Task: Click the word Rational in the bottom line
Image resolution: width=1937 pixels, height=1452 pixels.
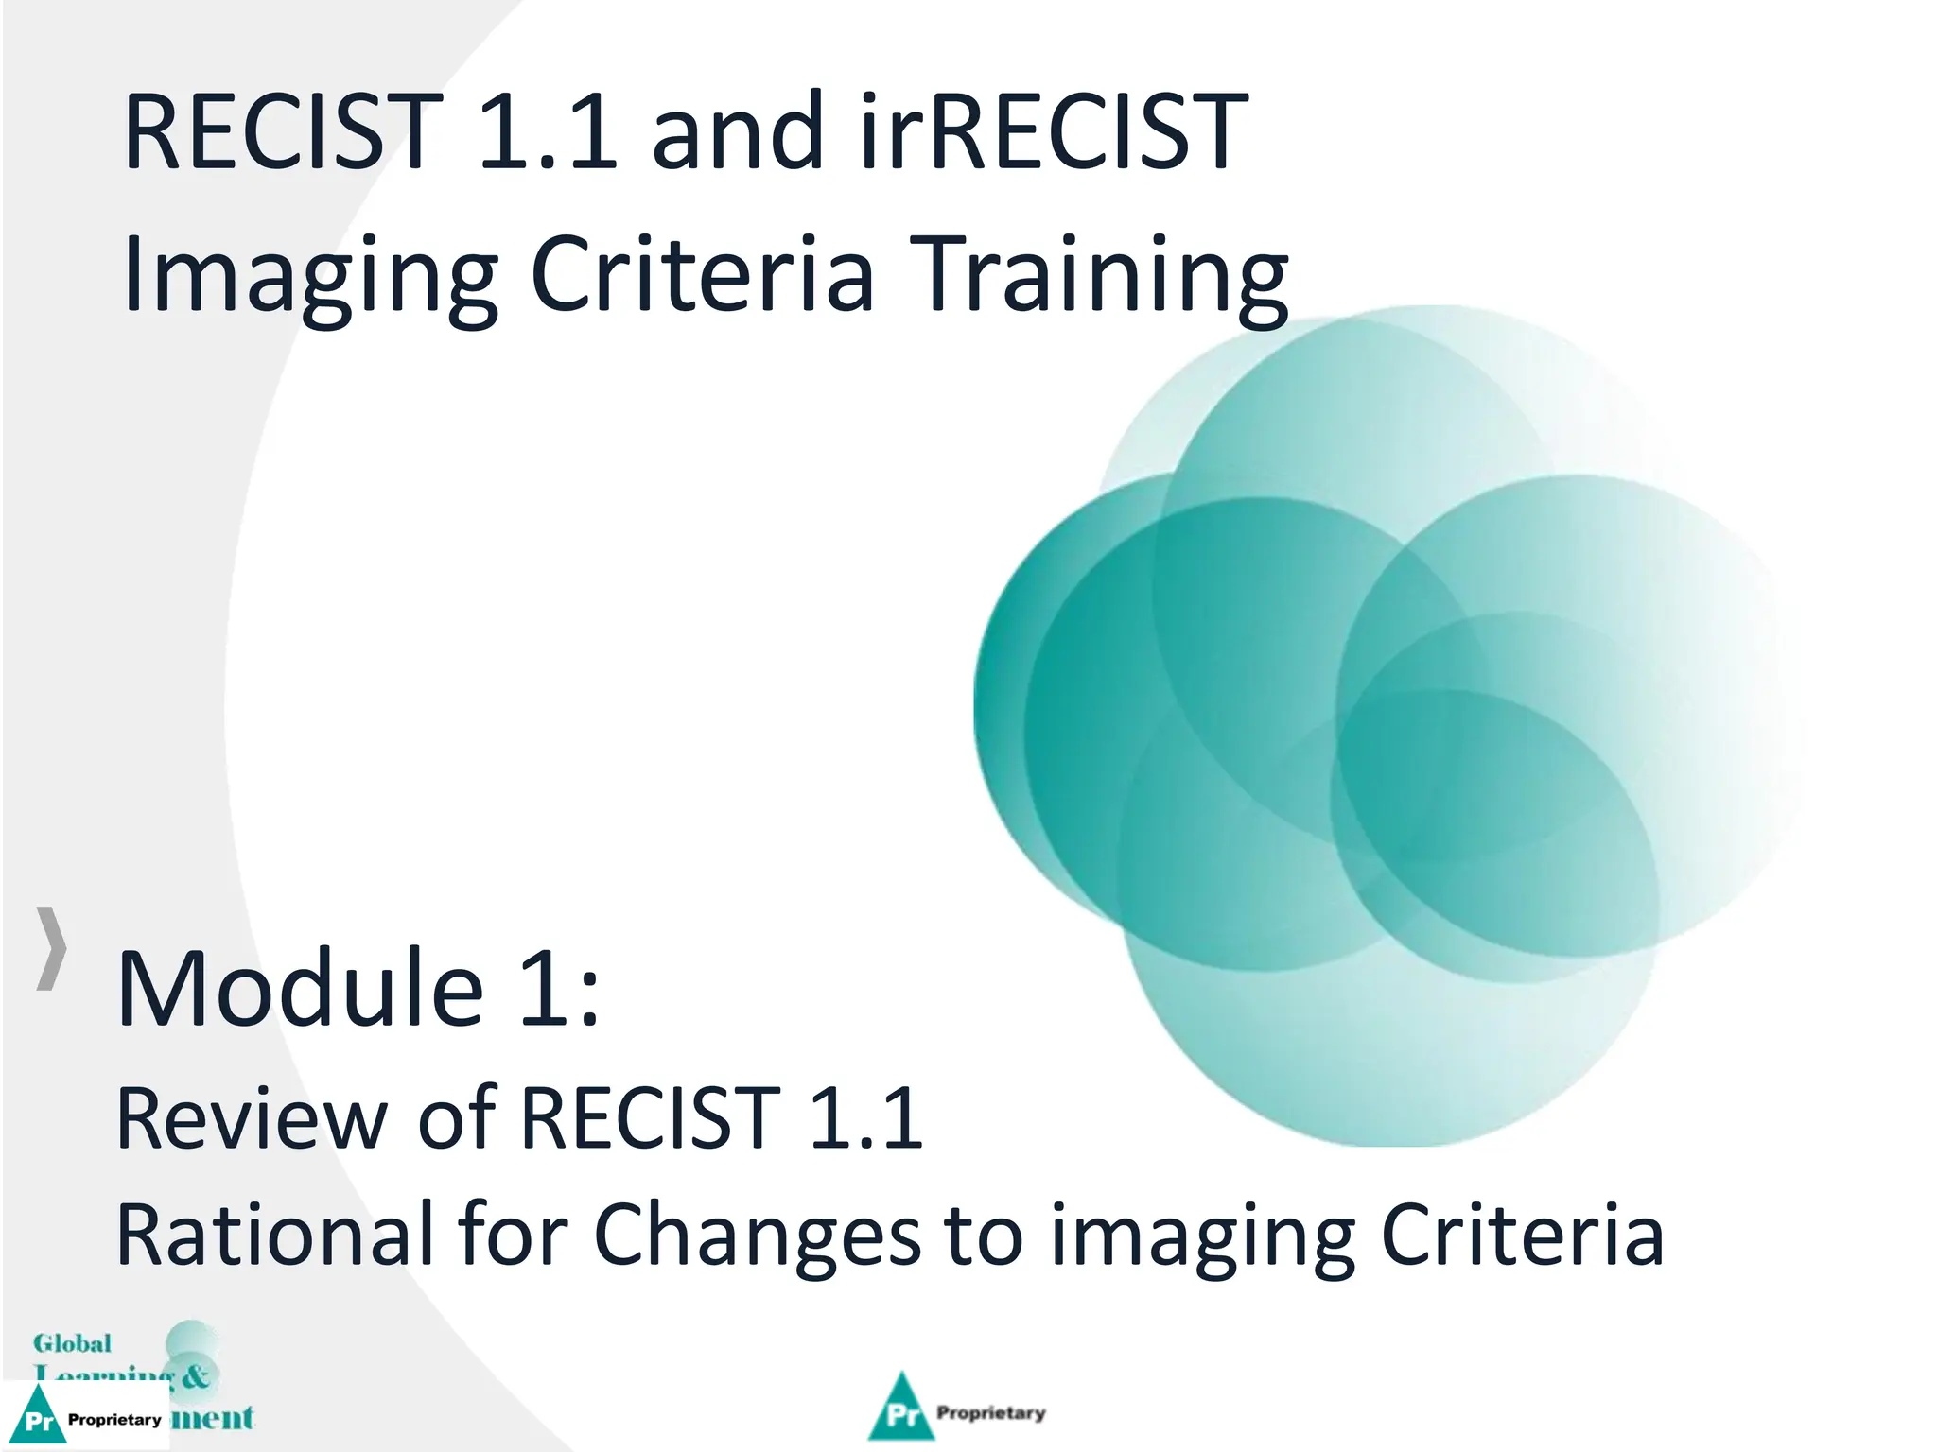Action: (274, 1234)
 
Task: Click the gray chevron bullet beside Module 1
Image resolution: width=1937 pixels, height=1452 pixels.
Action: (52, 948)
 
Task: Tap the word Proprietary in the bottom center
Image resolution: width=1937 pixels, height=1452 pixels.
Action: (990, 1412)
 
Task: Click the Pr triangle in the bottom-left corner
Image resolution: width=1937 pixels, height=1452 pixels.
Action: (38, 1417)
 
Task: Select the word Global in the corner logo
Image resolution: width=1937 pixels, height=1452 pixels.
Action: (72, 1343)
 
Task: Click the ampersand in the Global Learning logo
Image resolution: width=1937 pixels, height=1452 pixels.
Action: (195, 1375)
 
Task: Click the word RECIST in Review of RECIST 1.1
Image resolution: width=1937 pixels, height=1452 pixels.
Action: (651, 1118)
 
